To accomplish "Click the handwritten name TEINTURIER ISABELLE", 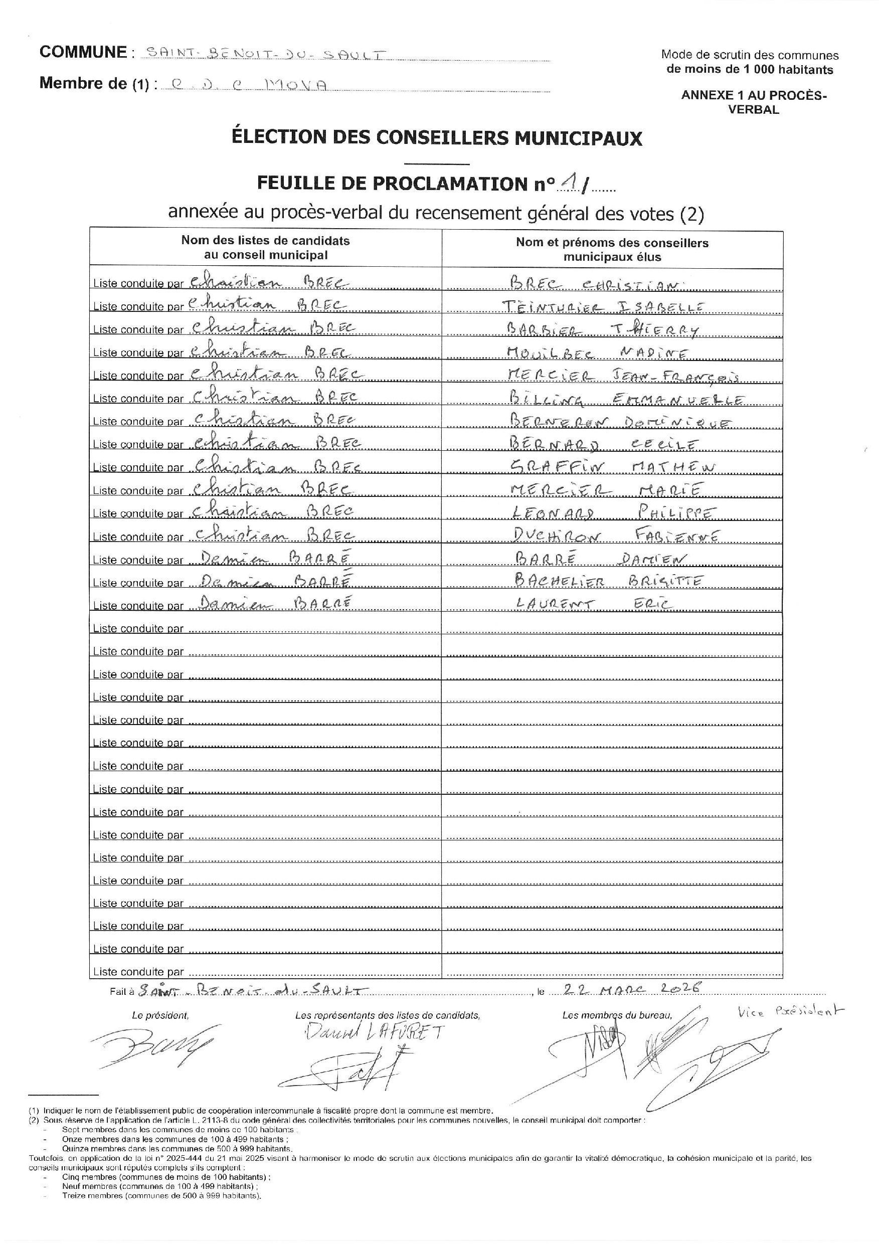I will pos(603,307).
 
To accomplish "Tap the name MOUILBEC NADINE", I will pos(598,353).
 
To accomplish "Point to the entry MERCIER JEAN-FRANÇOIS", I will pos(623,376).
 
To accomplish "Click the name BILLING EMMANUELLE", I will pos(626,400).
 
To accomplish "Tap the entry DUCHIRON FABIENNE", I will pos(615,537).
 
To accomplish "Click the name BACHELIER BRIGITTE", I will pos(609,581).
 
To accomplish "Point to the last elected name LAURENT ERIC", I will pos(593,604).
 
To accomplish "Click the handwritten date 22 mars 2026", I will pos(632,988).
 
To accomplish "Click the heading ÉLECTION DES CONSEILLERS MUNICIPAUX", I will pos(437,137).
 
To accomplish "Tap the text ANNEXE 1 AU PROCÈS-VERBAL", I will pos(753,102).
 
